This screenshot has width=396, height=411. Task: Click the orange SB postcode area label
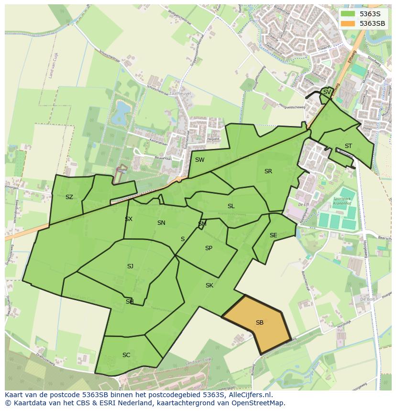pos(259,323)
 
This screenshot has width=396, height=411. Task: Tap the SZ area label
pos(69,197)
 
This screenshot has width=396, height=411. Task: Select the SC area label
pos(126,355)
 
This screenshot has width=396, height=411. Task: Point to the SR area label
pos(268,171)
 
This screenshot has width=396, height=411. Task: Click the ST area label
pos(348,146)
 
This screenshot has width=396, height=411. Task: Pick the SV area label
pos(327,92)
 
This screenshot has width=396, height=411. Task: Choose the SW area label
pos(199,160)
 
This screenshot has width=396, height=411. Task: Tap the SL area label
pos(231,206)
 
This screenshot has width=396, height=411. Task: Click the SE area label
pos(273,235)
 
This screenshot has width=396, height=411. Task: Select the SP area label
pos(209,248)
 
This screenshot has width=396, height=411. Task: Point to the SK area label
pos(209,285)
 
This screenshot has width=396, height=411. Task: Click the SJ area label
pos(130,266)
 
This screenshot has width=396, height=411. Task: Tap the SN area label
pos(161,223)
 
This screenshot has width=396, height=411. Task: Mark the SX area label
pos(129,219)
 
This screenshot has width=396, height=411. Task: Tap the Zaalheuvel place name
pos(180,94)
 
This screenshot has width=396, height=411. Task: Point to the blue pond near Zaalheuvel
pos(120,112)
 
